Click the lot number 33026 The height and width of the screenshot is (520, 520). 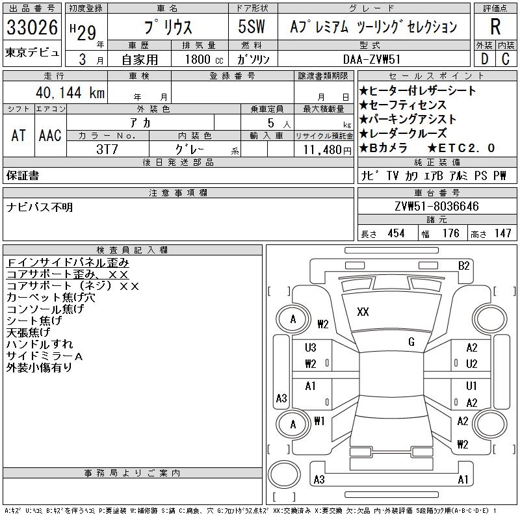[x=32, y=28]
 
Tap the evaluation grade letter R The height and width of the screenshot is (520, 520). [x=495, y=27]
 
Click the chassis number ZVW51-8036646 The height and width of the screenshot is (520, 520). [x=437, y=207]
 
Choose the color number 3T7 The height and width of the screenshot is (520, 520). [x=107, y=149]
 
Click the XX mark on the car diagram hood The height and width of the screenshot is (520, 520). [x=363, y=312]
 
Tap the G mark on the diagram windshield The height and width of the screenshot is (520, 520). [x=411, y=342]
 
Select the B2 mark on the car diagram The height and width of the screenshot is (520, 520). [x=463, y=265]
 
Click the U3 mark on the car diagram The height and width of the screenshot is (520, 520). [x=310, y=348]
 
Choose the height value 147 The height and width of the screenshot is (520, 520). [x=502, y=233]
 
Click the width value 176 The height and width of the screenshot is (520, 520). [x=450, y=233]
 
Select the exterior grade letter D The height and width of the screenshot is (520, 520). [x=484, y=59]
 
